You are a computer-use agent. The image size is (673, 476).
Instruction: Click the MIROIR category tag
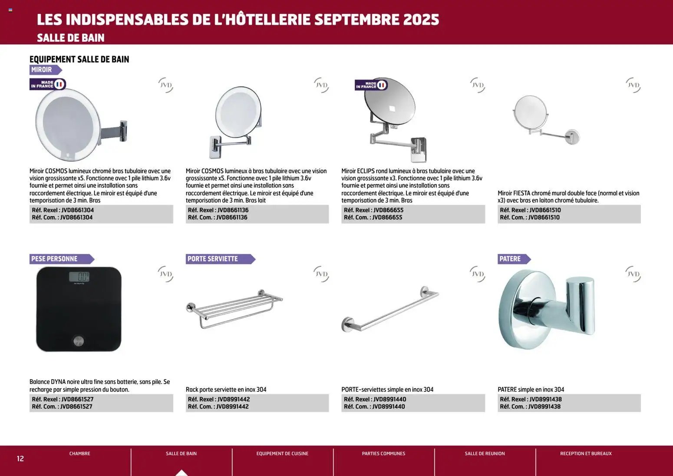coord(42,69)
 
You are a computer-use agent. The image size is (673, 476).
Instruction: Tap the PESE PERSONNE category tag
coord(55,259)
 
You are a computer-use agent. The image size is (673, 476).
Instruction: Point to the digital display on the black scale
coord(79,277)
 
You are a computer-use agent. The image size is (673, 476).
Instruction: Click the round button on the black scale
coord(79,341)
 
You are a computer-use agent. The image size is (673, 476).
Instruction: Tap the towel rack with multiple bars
coord(234,307)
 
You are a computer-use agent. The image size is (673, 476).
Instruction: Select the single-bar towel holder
coord(389,309)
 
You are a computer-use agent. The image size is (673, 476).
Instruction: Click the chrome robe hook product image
coord(546,309)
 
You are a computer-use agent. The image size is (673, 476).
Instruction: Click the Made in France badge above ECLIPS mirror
coord(371,85)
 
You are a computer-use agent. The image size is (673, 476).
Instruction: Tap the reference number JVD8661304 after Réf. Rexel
coord(78,210)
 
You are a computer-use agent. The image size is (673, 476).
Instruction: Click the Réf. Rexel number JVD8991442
coord(234,399)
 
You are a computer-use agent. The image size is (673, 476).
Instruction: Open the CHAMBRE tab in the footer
coord(80,453)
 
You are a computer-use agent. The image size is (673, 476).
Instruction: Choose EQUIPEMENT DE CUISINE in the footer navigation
coord(282,453)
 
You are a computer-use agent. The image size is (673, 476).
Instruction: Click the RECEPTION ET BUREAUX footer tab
coord(586,453)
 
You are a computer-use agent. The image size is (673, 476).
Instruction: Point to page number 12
coord(20,459)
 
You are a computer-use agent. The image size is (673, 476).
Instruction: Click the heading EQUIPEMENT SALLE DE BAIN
coord(79,59)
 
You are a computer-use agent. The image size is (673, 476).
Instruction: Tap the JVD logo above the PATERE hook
coord(633,274)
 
